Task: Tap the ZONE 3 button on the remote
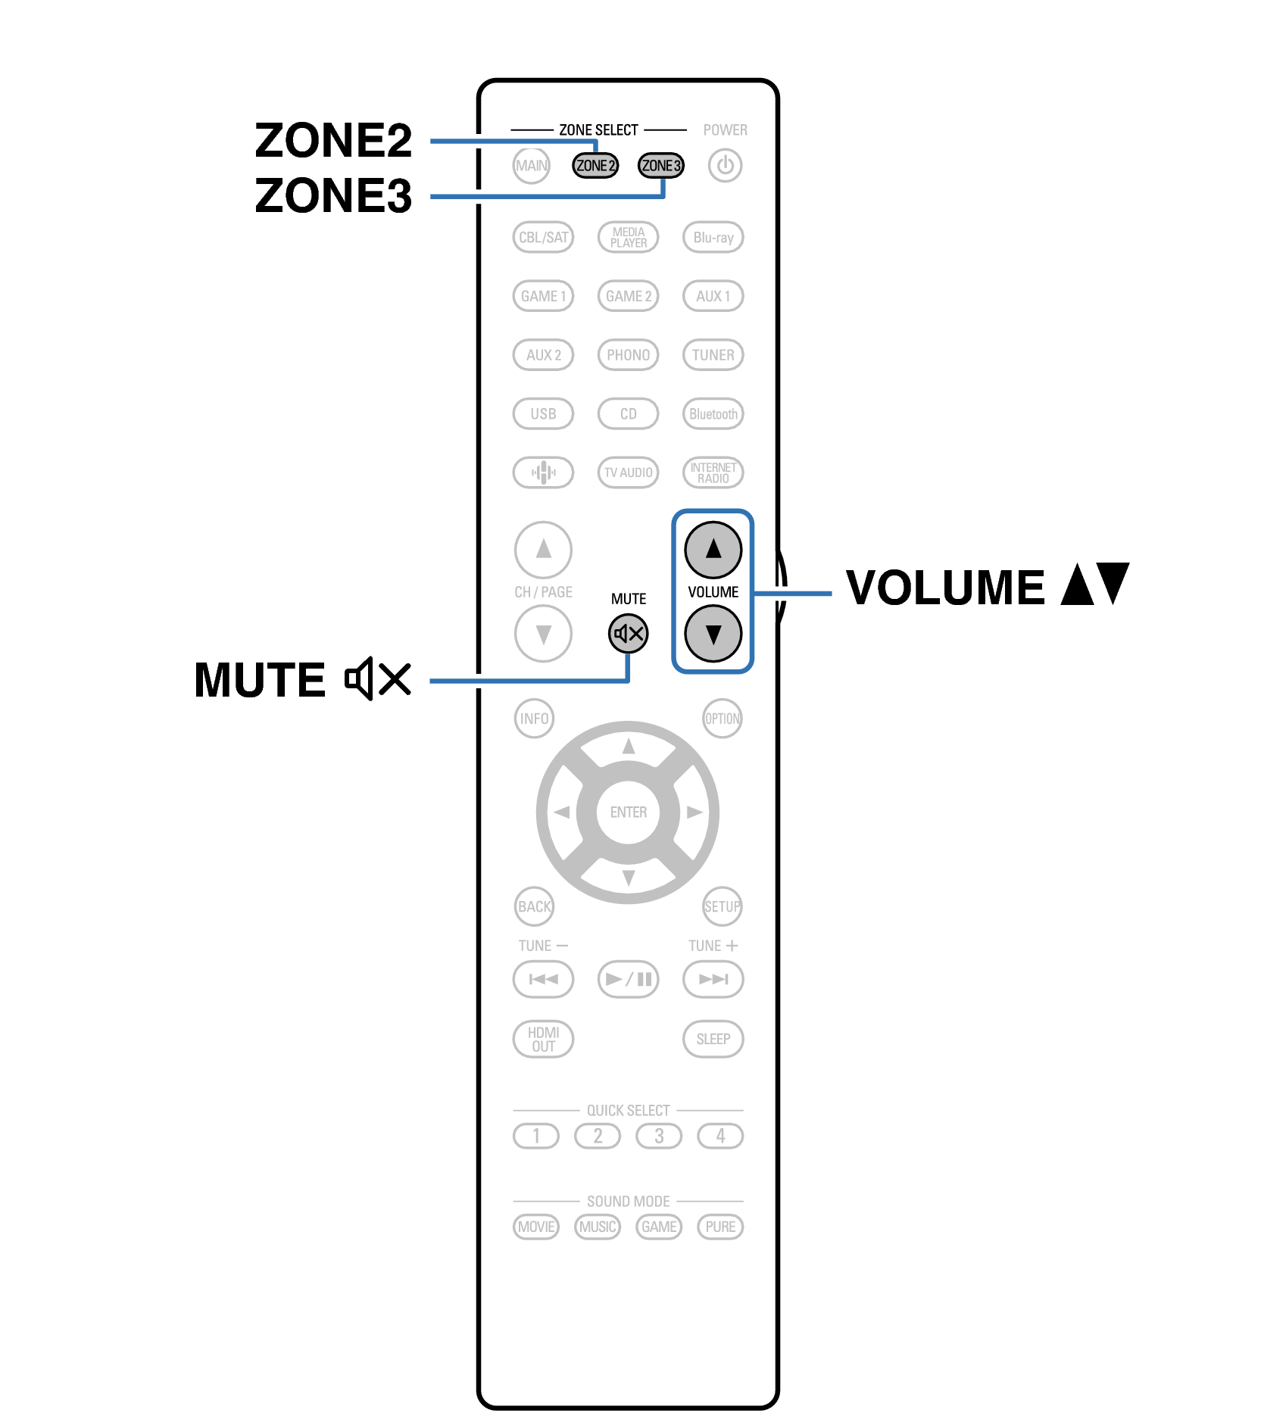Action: [660, 165]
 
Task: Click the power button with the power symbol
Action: [725, 165]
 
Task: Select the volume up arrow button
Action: [713, 549]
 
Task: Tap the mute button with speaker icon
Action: [628, 633]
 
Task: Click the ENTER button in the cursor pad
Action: [628, 812]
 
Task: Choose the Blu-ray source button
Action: [713, 237]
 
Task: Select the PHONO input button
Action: [628, 354]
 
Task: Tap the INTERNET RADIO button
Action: [713, 472]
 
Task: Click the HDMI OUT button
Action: [543, 1039]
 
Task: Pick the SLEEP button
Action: [713, 1039]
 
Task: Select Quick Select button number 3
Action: [659, 1136]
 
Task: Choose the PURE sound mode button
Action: [719, 1227]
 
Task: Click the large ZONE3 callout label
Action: [333, 195]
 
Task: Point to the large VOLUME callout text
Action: [945, 588]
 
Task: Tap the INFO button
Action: [534, 718]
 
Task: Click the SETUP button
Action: [722, 906]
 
